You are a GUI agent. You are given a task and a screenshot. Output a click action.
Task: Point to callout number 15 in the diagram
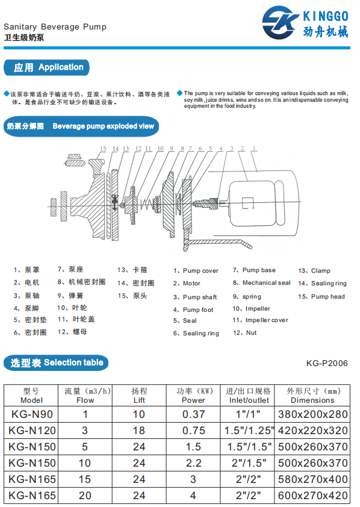[103, 149]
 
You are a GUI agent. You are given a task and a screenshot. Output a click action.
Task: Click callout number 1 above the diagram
[255, 148]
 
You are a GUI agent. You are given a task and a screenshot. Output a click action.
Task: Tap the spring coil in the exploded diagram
[144, 205]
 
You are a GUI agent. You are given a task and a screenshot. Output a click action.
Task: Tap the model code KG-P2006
[327, 363]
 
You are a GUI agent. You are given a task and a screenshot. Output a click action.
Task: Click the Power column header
[193, 395]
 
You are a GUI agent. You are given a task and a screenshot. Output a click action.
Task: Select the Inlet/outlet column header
[249, 395]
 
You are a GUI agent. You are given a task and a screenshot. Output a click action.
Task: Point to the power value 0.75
[193, 431]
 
